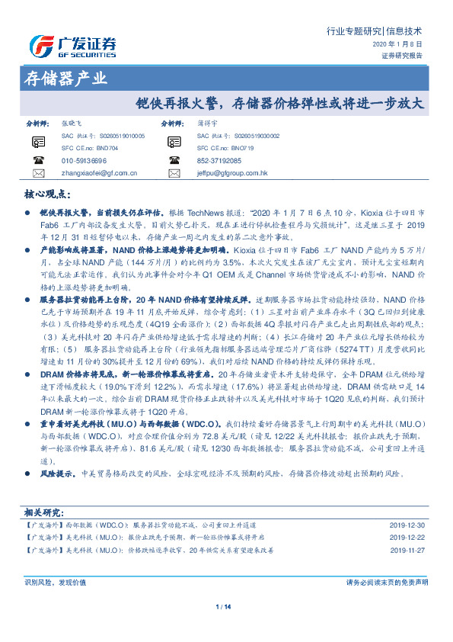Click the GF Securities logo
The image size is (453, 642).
point(73,47)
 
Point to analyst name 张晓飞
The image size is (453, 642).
point(71,122)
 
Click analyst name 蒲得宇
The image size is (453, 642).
point(207,122)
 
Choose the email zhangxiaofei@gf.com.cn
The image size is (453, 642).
point(99,173)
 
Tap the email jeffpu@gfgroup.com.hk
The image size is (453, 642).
point(232,173)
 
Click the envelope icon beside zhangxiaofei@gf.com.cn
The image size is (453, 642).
point(39,173)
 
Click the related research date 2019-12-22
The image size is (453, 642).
point(407,537)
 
